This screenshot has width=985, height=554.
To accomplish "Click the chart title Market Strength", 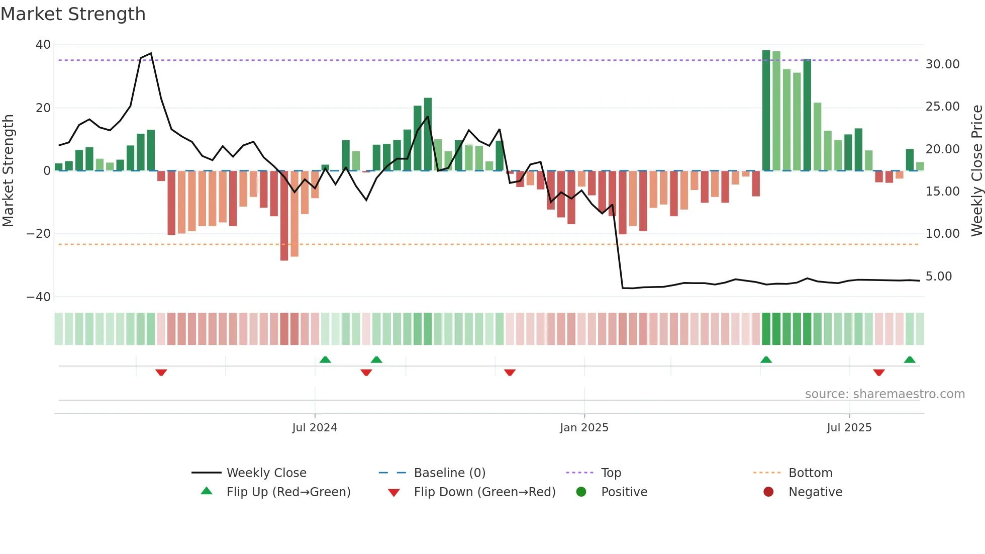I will click(73, 14).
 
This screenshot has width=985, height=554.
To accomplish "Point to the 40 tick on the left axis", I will click(43, 45).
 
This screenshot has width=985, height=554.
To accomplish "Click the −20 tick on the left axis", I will click(39, 234).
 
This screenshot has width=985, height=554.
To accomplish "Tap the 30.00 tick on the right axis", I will click(942, 64).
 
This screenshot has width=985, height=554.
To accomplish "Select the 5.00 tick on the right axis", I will click(938, 276).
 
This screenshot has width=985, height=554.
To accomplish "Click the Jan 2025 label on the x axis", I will click(584, 428).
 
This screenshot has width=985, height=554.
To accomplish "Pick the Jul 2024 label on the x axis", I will click(315, 428).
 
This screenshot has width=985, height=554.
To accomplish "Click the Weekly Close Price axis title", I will click(976, 171).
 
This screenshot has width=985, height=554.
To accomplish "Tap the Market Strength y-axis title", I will click(9, 171).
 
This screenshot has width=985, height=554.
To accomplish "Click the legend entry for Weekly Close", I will click(266, 473).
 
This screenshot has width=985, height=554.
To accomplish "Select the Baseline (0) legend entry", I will click(449, 473).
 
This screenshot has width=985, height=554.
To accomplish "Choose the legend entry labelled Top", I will click(611, 473).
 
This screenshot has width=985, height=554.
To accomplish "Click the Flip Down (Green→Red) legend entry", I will click(484, 492).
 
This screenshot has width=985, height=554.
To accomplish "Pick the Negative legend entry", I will click(815, 492).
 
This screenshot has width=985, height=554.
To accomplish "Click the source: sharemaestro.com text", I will click(884, 394).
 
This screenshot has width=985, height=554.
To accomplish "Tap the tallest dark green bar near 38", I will click(766, 111).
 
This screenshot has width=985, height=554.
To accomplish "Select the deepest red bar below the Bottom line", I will click(284, 216).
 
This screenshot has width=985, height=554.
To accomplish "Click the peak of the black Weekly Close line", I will click(151, 53).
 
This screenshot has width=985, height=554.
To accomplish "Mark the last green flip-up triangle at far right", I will click(910, 360).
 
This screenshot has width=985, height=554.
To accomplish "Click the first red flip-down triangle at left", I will click(161, 373).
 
